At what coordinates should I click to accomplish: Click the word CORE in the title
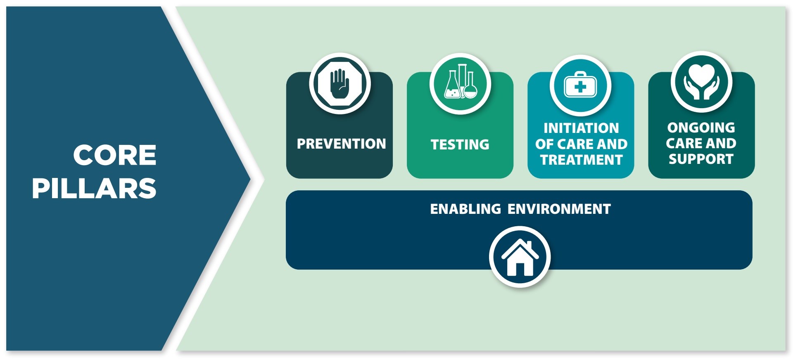point(115,155)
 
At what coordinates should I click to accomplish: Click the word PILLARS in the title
point(94,189)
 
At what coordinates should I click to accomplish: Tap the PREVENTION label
point(341,144)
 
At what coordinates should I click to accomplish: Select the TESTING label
point(460,144)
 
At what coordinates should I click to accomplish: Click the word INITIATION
point(581,128)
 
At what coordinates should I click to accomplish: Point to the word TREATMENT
point(581,160)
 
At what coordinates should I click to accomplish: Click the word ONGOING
point(701,127)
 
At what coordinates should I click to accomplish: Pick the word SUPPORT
point(701,159)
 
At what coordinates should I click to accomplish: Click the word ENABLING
point(465,209)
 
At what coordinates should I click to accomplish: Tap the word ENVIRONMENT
point(559,209)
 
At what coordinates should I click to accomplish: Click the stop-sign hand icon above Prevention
point(340,83)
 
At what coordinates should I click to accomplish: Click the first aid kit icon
point(580,85)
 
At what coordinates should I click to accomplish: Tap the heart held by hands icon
point(701,82)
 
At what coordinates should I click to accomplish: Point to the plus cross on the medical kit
point(580,87)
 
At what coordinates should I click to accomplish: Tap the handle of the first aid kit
point(580,74)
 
